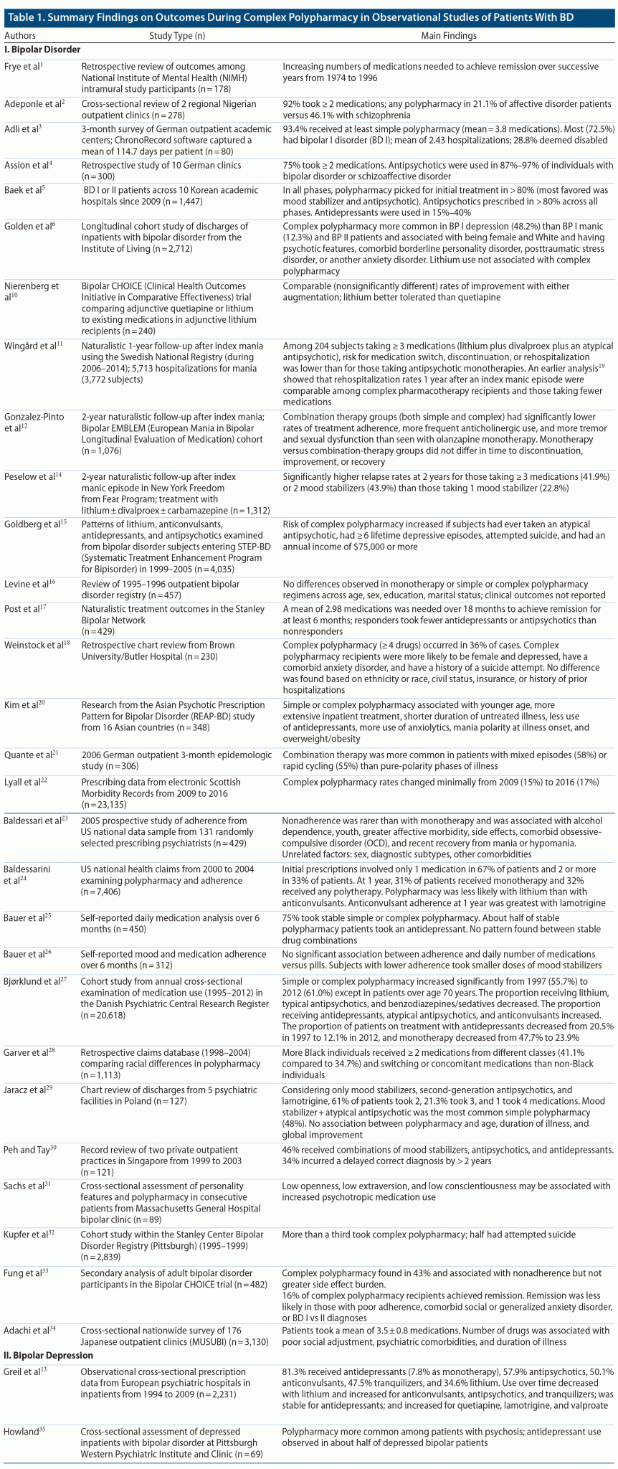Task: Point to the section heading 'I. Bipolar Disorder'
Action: click(x=42, y=49)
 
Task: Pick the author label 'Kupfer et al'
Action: click(x=28, y=1253)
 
